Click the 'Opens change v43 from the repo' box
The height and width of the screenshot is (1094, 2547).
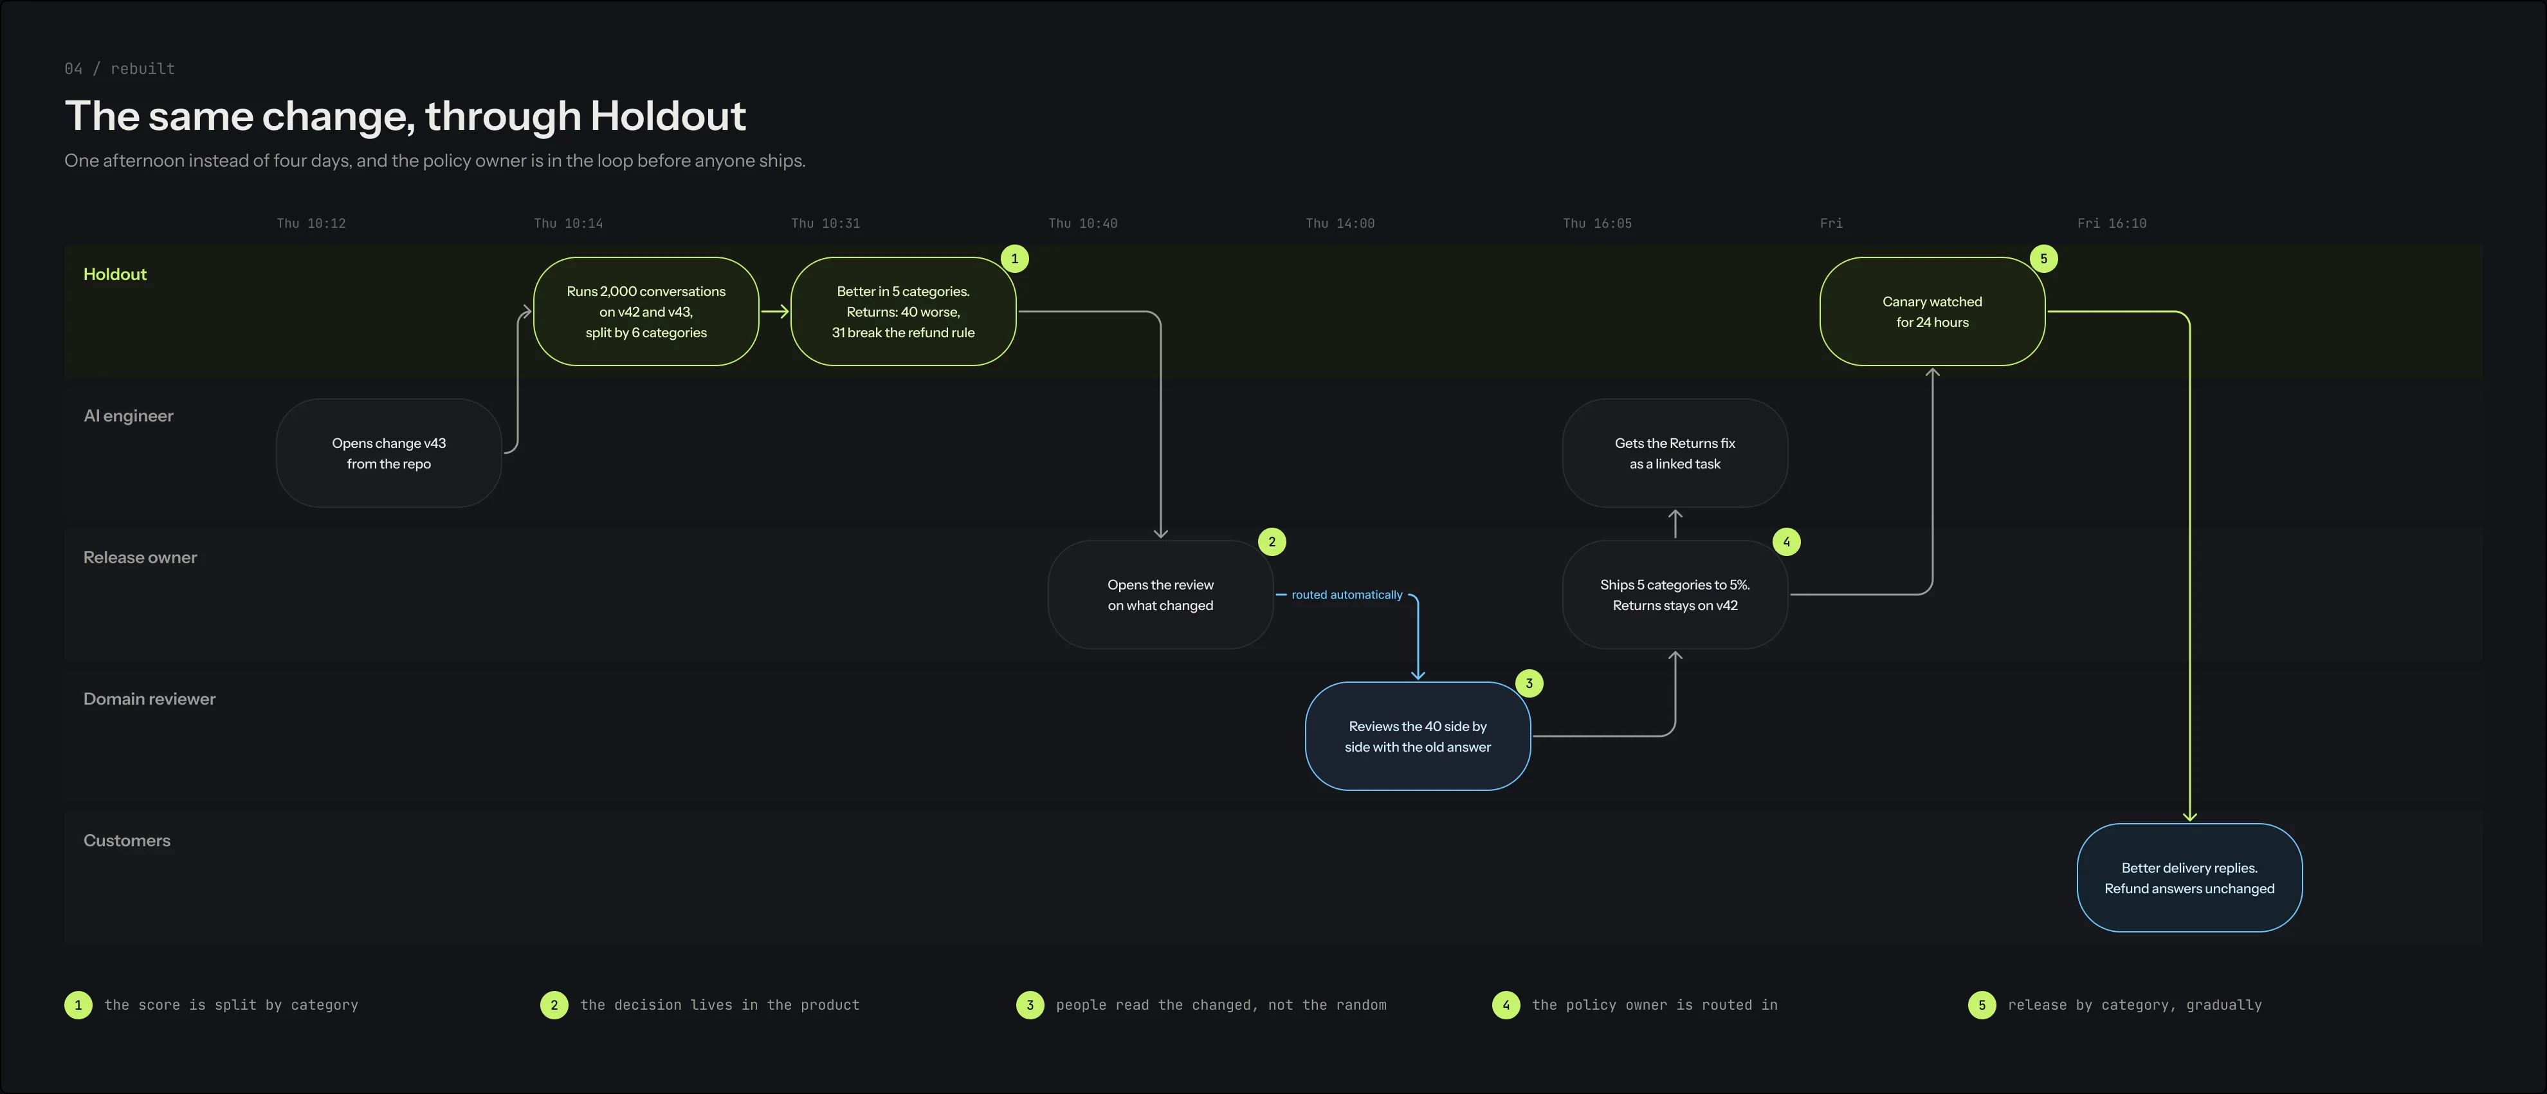pyautogui.click(x=388, y=453)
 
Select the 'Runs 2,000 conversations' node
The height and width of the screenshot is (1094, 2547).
pyautogui.click(x=646, y=311)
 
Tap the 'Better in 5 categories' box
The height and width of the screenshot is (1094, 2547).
pyautogui.click(x=903, y=311)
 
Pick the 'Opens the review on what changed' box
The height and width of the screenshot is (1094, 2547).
pyautogui.click(x=1160, y=595)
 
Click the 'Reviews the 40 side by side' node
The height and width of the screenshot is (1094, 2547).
pyautogui.click(x=1418, y=736)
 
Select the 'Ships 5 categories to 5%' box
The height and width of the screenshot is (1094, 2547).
pyautogui.click(x=1675, y=595)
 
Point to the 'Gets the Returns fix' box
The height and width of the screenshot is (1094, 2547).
pyautogui.click(x=1675, y=453)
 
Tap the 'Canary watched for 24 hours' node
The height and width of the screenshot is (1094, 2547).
pyautogui.click(x=1932, y=311)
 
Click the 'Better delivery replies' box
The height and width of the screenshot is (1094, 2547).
pyautogui.click(x=2189, y=877)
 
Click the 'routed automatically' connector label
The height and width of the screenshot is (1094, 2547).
pyautogui.click(x=1347, y=595)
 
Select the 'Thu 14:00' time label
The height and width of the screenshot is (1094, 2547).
pyautogui.click(x=1340, y=223)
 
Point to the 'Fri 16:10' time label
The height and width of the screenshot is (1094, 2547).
pyautogui.click(x=2112, y=223)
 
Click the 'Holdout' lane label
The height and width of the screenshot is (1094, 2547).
pyautogui.click(x=114, y=274)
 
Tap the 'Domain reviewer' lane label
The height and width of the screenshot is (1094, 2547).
pyautogui.click(x=149, y=698)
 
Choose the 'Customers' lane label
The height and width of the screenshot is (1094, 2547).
pyautogui.click(x=127, y=840)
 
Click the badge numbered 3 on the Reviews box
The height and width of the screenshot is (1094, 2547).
pyautogui.click(x=1529, y=683)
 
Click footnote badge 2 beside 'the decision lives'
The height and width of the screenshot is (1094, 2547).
pyautogui.click(x=554, y=1005)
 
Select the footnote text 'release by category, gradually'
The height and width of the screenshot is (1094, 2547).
pyautogui.click(x=2135, y=1005)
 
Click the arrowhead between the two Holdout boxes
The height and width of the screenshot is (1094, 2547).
pyautogui.click(x=782, y=311)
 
